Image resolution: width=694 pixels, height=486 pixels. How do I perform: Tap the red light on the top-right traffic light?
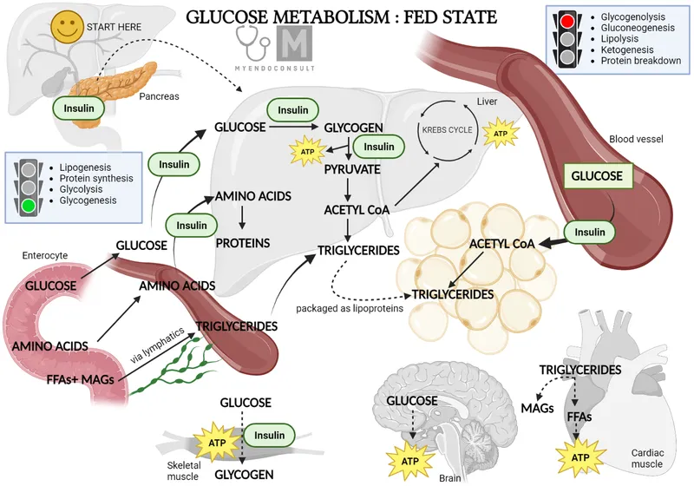coord(568,22)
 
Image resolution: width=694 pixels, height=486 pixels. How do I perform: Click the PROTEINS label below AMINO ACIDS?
coord(242,242)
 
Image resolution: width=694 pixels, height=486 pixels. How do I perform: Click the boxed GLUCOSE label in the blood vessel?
coord(596,176)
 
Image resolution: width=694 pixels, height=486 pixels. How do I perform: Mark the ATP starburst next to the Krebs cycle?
coord(500,134)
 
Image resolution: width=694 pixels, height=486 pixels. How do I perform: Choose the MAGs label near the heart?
coord(540,405)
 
